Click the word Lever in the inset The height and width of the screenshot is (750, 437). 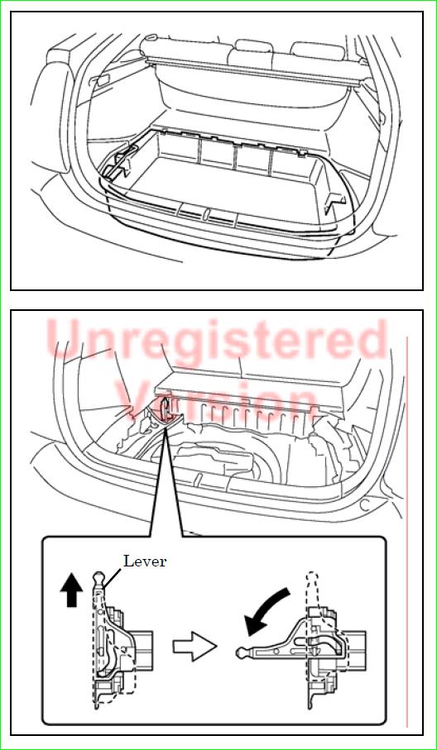[145, 561]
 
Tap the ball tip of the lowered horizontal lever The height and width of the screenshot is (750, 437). [242, 652]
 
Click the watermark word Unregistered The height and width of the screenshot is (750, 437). [218, 340]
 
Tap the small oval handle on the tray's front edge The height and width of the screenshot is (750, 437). [206, 213]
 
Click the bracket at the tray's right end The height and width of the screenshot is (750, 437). [334, 202]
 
